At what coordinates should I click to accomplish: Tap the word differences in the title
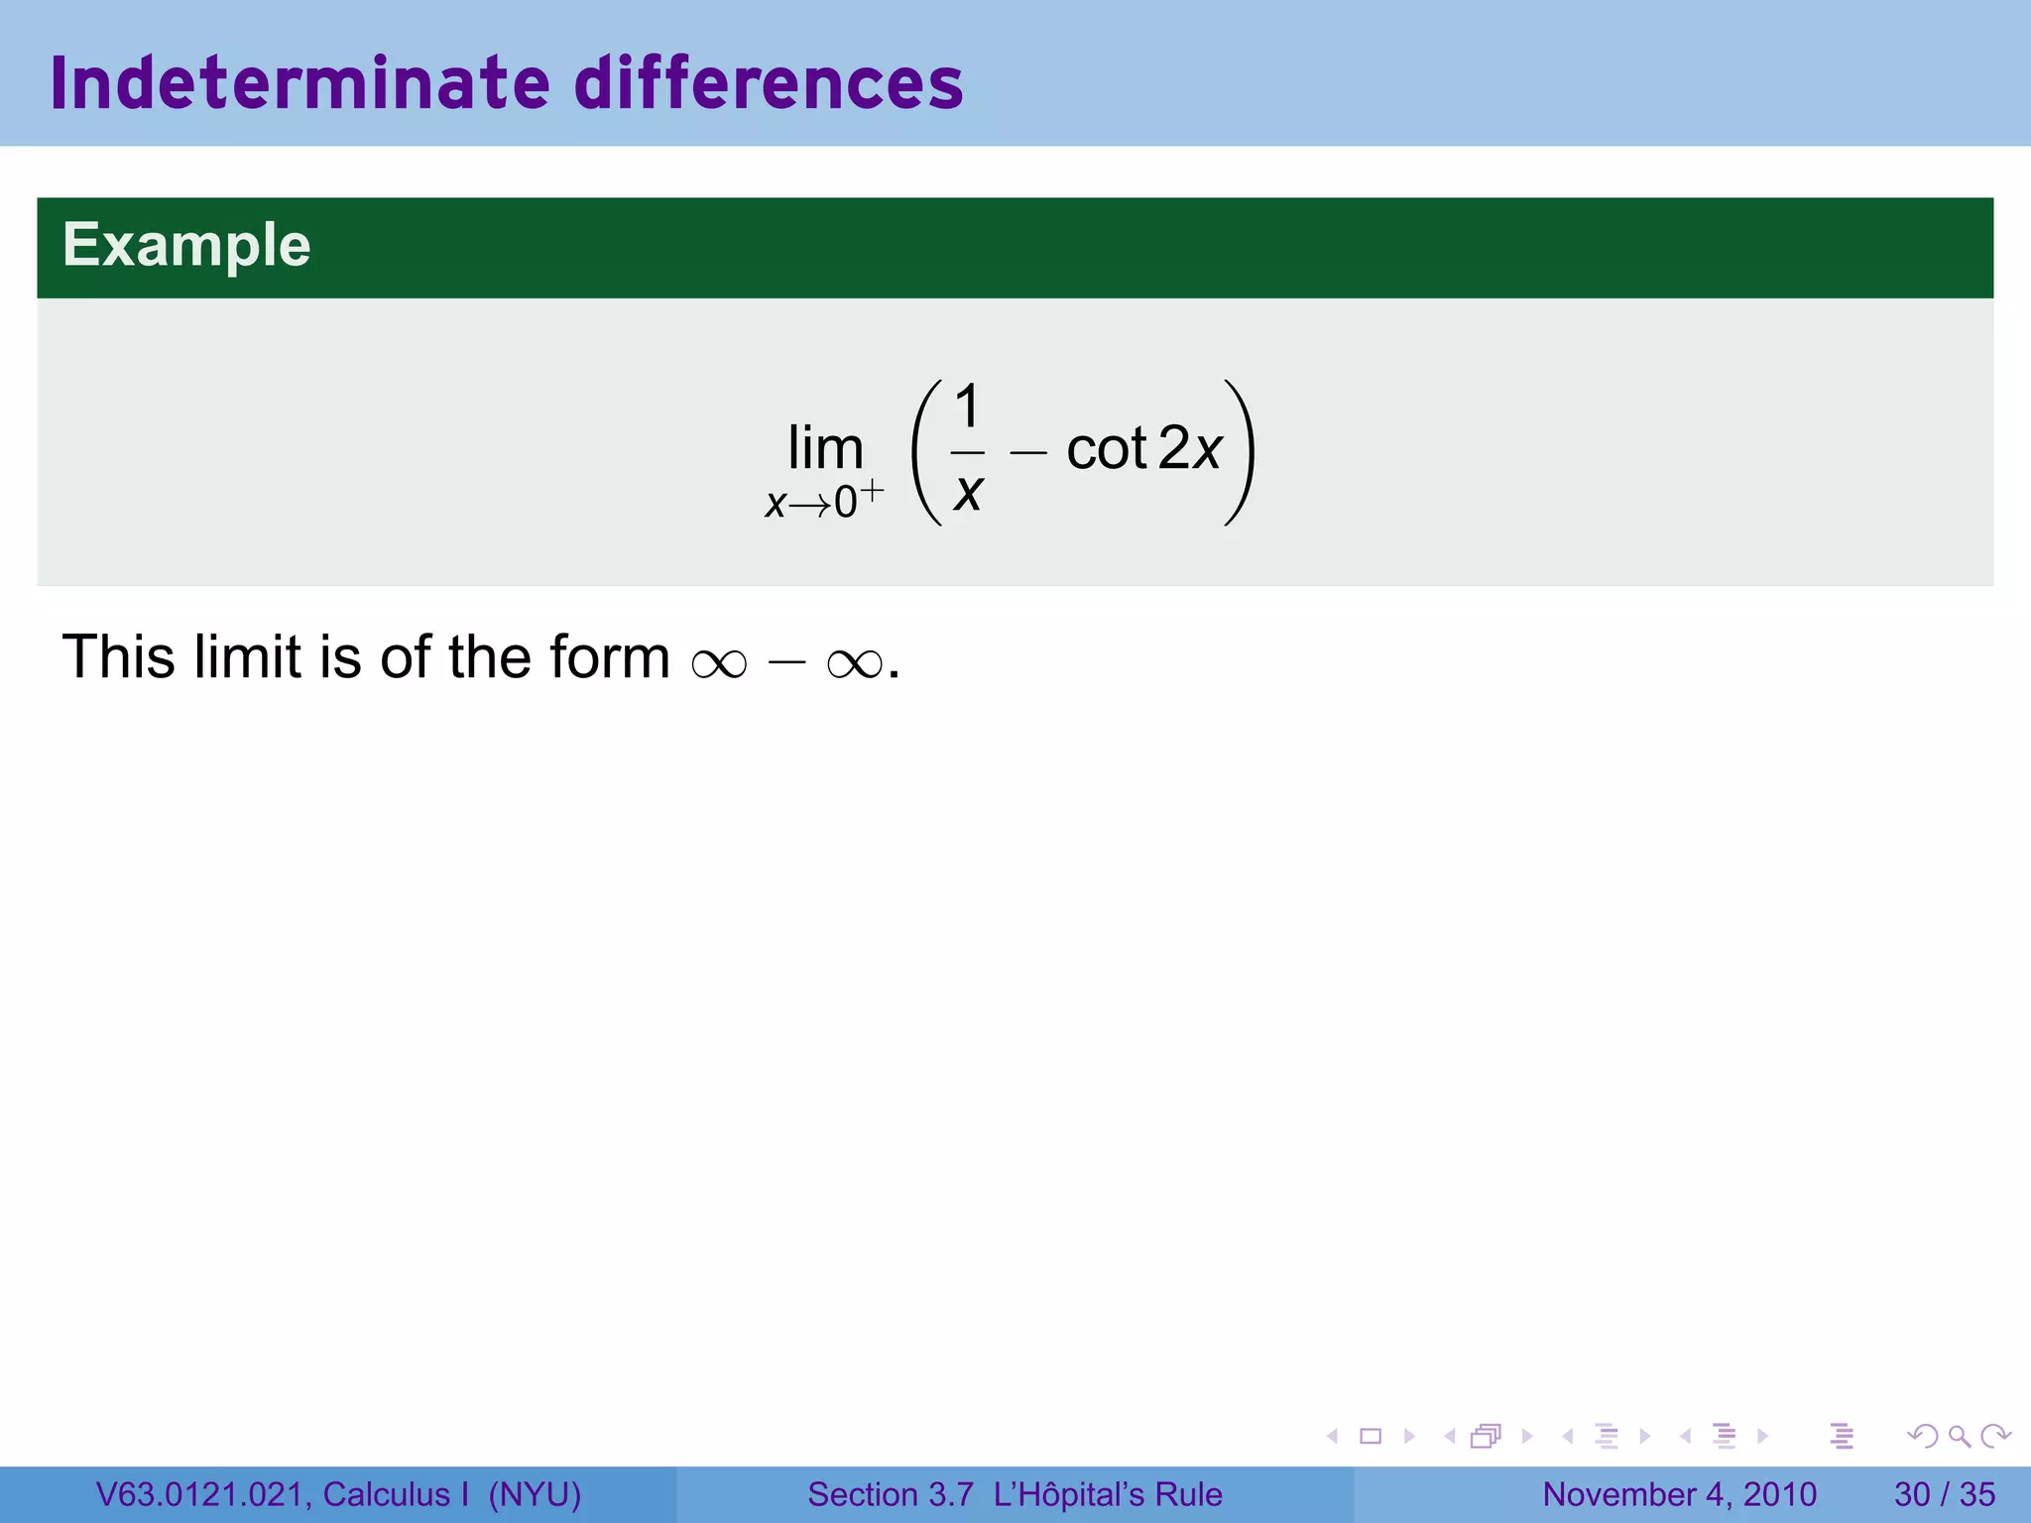(x=769, y=83)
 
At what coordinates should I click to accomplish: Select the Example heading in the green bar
(x=186, y=245)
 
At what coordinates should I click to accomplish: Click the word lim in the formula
(x=825, y=449)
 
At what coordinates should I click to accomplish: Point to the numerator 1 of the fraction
(x=967, y=407)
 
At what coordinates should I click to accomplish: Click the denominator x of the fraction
(x=968, y=491)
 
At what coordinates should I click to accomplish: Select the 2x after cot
(x=1190, y=449)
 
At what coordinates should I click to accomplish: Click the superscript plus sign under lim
(x=871, y=489)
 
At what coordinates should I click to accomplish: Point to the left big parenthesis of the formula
(x=924, y=452)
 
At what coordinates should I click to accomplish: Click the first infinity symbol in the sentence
(x=719, y=663)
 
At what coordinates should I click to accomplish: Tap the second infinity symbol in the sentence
(x=854, y=663)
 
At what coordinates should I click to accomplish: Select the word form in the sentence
(x=610, y=657)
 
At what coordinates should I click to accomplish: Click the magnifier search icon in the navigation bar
(x=1959, y=1436)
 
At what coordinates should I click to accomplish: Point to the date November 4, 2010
(x=1680, y=1494)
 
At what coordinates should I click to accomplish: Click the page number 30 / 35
(x=1945, y=1494)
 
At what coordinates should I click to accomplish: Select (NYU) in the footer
(x=535, y=1494)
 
